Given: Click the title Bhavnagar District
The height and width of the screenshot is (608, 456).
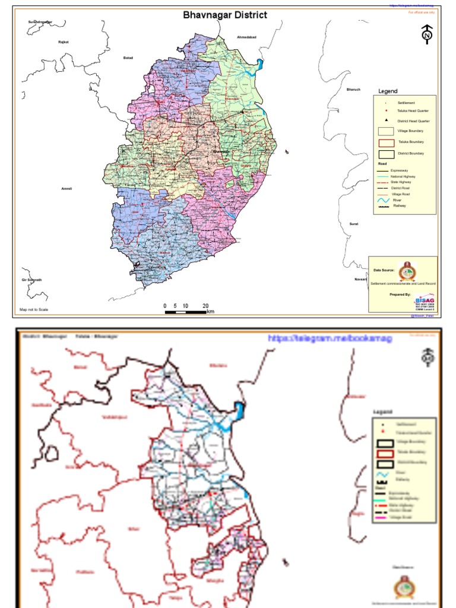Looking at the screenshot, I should [225, 15].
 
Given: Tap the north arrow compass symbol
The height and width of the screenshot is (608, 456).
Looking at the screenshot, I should [426, 34].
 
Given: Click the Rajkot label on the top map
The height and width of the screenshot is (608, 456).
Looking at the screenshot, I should [64, 42].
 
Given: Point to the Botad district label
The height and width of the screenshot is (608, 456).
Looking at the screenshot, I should [128, 58].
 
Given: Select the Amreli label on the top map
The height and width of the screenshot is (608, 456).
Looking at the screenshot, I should [66, 189].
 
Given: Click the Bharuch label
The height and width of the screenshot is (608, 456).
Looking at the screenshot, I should [353, 90].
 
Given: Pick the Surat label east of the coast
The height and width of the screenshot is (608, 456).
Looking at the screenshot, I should [354, 223].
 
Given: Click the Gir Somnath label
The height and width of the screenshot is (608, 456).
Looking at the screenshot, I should [31, 280].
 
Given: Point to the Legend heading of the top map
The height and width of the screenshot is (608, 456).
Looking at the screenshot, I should [388, 91].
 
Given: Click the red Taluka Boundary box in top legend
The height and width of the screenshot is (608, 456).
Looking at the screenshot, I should [387, 142].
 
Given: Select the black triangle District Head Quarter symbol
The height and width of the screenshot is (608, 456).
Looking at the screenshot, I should [386, 121].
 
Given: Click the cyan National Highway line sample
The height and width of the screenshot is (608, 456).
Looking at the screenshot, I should [382, 176].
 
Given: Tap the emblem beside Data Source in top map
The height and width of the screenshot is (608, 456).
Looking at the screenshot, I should [407, 270].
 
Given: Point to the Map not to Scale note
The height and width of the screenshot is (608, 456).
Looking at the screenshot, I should [34, 309].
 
